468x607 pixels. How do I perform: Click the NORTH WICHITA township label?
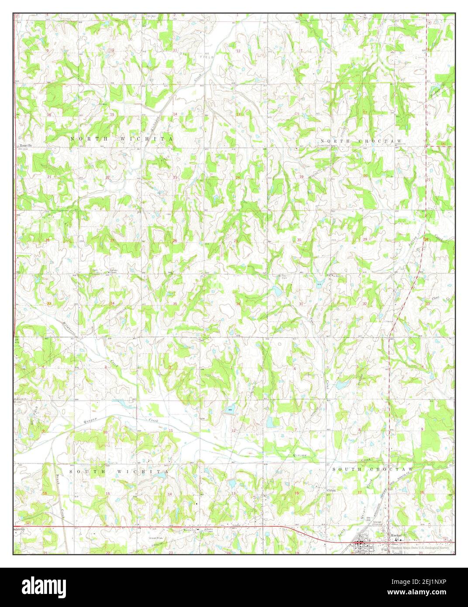click(x=121, y=138)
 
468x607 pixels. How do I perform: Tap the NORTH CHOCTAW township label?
click(x=368, y=141)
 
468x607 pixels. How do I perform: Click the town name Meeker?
click(x=396, y=535)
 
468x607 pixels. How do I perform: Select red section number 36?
click(x=238, y=304)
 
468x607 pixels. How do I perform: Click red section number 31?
click(x=301, y=303)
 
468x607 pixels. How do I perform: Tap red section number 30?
click(x=299, y=240)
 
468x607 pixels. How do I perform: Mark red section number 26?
click(x=175, y=241)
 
